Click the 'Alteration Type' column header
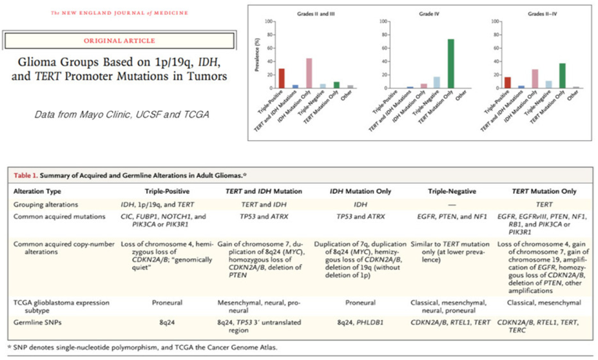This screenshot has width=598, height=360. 46,192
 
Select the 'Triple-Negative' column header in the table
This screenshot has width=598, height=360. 450,192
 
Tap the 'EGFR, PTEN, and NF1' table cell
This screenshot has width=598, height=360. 449,216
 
